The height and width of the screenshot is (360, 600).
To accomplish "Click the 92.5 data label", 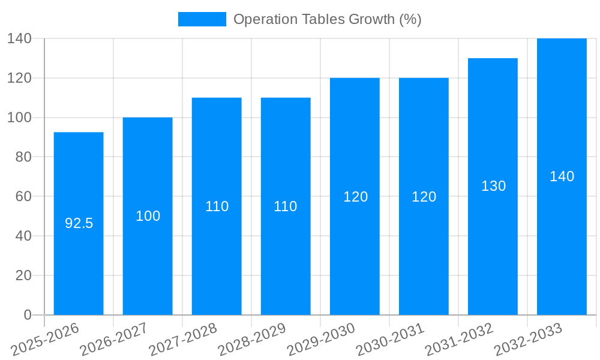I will (x=79, y=223).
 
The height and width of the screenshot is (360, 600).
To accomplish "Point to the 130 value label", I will (x=493, y=186).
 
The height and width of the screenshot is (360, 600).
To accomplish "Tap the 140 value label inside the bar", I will (x=562, y=176).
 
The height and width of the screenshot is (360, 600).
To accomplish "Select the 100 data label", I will (x=148, y=216).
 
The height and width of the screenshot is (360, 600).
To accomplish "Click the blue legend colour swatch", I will (x=202, y=19).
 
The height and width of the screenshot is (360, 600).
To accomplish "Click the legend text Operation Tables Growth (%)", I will (x=327, y=19).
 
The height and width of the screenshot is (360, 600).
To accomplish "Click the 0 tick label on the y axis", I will (x=27, y=315).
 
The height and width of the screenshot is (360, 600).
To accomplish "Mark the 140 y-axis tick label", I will (x=19, y=38).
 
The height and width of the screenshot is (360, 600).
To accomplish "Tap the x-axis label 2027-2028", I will (x=184, y=339).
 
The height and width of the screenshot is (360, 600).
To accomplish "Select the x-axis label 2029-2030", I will (x=322, y=339).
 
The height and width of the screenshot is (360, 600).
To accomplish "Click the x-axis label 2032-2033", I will (x=529, y=339).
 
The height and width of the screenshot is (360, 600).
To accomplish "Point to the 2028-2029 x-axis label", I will (x=253, y=339).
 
